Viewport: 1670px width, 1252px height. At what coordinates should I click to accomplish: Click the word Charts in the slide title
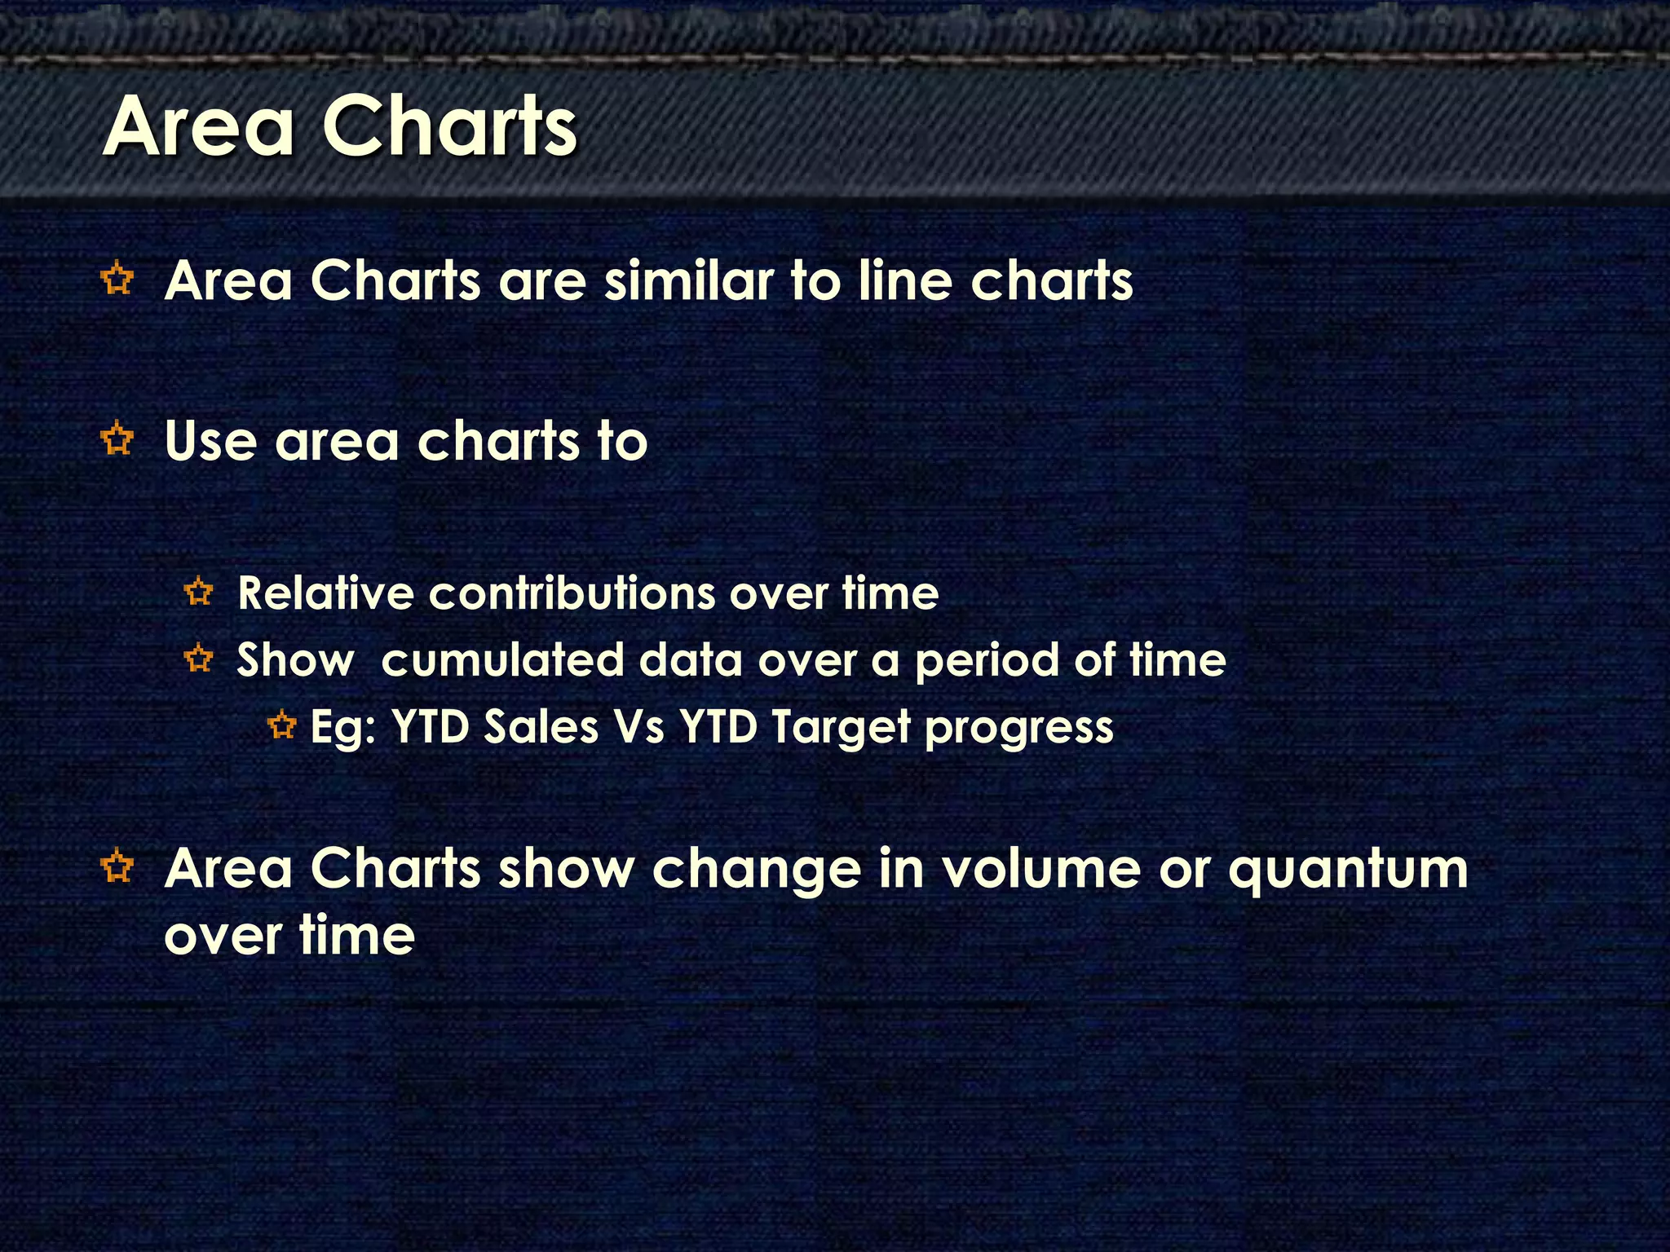[x=450, y=126]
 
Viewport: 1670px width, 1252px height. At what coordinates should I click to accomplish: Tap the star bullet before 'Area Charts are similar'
[x=118, y=280]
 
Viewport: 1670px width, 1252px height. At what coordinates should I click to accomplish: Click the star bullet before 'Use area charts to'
[x=118, y=440]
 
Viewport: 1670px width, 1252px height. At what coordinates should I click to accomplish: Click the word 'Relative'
[x=325, y=593]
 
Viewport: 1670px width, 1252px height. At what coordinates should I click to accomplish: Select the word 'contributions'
[x=572, y=593]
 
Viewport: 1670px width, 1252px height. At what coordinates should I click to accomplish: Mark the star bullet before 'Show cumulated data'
[x=199, y=658]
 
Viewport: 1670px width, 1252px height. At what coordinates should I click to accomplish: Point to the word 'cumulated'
[x=502, y=659]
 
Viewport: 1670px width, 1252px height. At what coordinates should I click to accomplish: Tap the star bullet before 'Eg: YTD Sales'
[x=282, y=725]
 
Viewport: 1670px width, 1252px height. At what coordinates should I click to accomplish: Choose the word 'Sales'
[x=541, y=726]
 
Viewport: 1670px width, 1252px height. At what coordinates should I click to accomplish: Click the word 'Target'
[x=839, y=728]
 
